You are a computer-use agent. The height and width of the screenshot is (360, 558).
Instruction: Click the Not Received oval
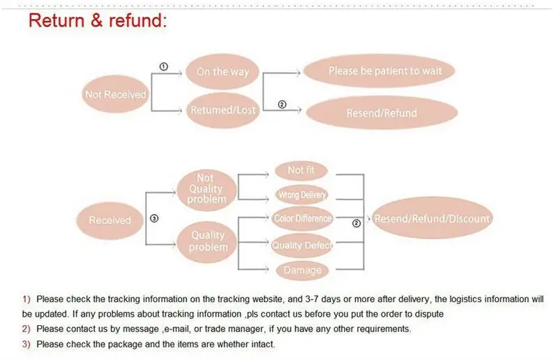point(115,94)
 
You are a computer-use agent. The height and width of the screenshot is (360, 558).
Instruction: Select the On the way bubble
point(223,71)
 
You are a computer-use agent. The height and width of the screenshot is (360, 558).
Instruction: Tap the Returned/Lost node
point(223,110)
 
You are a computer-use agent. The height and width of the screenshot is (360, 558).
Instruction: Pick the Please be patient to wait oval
point(385,70)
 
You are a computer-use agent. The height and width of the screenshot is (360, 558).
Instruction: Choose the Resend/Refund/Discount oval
point(432,218)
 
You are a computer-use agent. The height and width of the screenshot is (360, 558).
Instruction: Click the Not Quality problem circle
point(206,188)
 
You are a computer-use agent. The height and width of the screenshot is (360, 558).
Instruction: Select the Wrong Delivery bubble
point(301,195)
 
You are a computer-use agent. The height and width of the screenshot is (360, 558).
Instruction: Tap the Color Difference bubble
point(303,218)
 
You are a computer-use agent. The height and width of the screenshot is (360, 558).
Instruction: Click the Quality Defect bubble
point(302,245)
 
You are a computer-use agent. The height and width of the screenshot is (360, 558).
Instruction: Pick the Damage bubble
point(302,270)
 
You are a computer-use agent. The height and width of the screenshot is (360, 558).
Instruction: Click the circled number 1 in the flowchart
point(164,66)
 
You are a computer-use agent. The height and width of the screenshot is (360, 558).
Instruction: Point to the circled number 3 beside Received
point(154,218)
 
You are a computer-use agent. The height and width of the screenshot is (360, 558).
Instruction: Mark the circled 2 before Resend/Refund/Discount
point(356,223)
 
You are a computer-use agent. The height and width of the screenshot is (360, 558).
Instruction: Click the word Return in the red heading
point(56,20)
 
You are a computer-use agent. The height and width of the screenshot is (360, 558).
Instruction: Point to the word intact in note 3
point(262,344)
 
